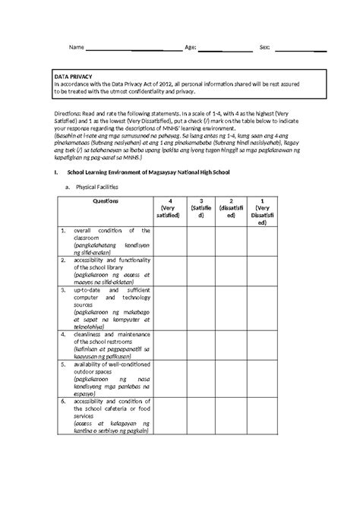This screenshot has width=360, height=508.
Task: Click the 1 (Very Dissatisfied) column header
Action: point(262,213)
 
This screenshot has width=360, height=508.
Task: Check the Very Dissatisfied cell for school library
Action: point(262,270)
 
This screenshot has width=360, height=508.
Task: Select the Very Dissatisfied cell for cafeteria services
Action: point(262,416)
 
